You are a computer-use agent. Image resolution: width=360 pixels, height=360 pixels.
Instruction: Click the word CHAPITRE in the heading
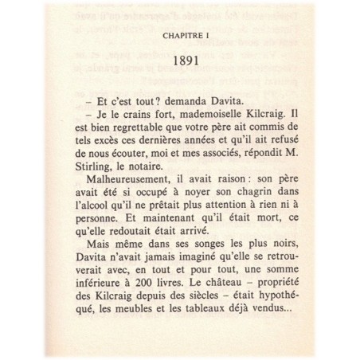(x=174, y=36)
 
